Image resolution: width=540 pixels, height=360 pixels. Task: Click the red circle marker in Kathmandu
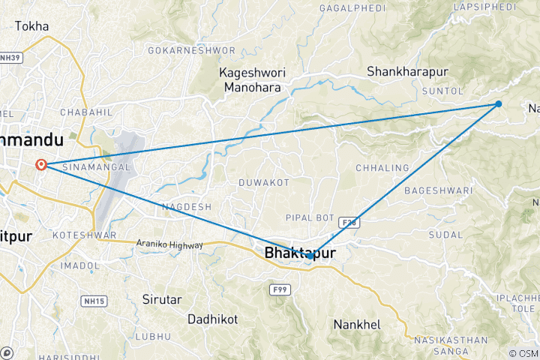[x=42, y=165]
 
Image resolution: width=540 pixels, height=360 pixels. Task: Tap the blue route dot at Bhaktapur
[x=310, y=256]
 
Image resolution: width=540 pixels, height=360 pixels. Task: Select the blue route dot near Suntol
[x=499, y=104]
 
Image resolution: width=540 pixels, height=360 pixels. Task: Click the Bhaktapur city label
[x=299, y=253]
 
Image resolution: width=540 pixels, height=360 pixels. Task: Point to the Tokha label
[x=31, y=26]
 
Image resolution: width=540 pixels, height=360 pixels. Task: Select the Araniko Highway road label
[x=169, y=244]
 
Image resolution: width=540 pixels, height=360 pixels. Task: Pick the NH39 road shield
[x=10, y=57]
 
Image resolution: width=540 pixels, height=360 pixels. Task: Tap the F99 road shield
[x=280, y=288]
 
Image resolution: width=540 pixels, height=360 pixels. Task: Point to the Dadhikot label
[x=212, y=319]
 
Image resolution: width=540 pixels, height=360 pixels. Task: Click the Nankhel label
[x=356, y=325]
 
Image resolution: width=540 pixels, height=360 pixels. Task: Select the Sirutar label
[x=162, y=299]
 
